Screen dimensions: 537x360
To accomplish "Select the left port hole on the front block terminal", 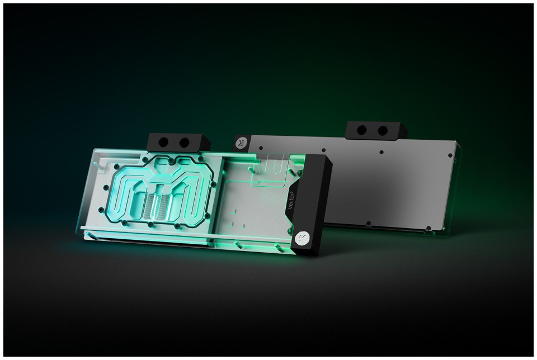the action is pyautogui.click(x=164, y=141).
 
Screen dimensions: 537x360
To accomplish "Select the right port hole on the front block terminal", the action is pyautogui.click(x=184, y=143).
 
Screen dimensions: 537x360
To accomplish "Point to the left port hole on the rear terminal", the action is pyautogui.click(x=362, y=130).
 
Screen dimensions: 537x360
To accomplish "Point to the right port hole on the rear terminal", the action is pyautogui.click(x=383, y=130).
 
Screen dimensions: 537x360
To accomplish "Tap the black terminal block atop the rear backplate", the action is pyautogui.click(x=376, y=130).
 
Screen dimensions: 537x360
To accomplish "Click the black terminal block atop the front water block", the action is pyautogui.click(x=178, y=143).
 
